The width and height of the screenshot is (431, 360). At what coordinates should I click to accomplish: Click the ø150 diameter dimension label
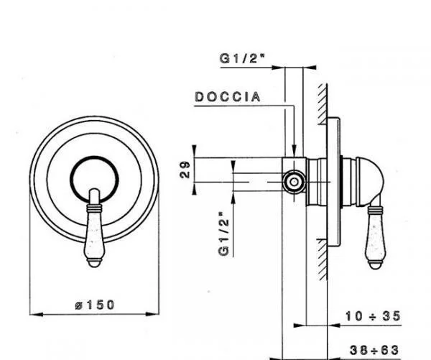click(x=95, y=305)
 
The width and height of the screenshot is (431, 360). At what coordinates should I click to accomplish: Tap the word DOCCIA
click(x=228, y=97)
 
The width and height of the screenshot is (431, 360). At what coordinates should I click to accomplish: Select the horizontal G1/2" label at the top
click(x=242, y=58)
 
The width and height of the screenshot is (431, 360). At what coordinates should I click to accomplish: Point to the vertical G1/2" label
click(x=223, y=234)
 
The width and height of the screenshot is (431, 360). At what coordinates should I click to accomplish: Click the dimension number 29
click(x=185, y=170)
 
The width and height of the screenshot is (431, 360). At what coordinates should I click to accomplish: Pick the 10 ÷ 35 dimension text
click(x=373, y=316)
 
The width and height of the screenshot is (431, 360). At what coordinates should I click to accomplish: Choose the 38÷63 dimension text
click(x=374, y=351)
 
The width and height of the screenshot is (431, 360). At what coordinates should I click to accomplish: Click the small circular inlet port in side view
click(x=294, y=182)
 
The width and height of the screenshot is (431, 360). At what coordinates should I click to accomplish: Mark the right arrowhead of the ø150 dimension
click(x=152, y=314)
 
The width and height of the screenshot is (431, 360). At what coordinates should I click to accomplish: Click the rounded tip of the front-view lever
click(x=94, y=264)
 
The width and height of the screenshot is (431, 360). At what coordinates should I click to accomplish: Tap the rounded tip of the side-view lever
click(x=375, y=266)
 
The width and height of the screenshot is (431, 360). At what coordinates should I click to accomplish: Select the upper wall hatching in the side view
click(x=323, y=104)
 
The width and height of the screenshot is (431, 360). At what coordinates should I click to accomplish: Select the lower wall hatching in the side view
click(x=322, y=259)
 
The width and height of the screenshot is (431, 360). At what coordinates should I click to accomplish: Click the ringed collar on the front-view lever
click(x=94, y=208)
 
